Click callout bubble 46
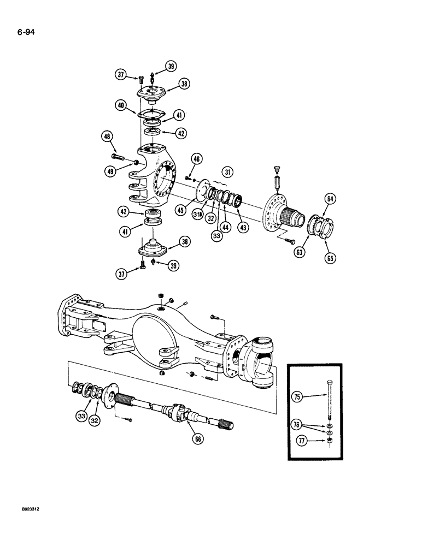197,159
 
